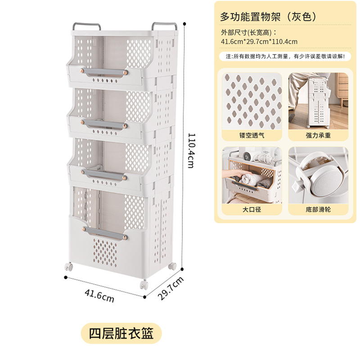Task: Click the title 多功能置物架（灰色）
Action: tap(269, 16)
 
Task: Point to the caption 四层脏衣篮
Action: tap(121, 333)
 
